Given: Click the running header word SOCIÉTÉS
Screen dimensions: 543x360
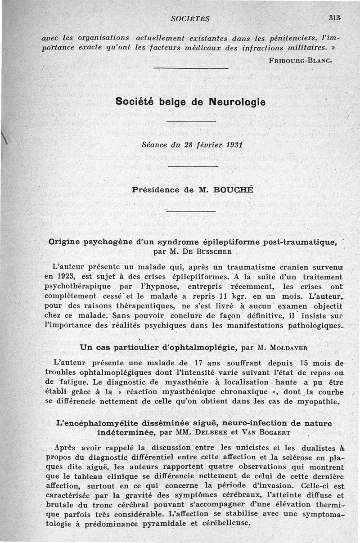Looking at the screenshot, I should click(190, 18).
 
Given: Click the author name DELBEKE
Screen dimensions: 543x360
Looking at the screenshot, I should click(211, 432).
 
